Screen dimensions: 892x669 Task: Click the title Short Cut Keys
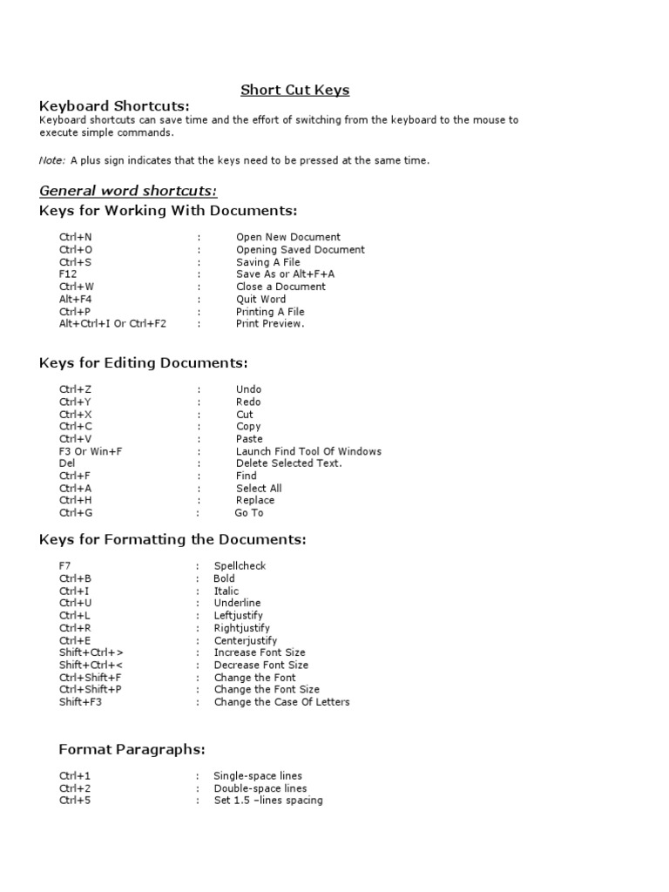[294, 90]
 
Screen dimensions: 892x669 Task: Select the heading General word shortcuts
[128, 191]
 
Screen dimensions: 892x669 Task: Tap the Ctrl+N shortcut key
[78, 237]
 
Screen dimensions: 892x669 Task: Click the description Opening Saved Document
[300, 250]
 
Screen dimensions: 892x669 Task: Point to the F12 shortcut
[68, 274]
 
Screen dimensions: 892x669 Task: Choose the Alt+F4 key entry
[76, 299]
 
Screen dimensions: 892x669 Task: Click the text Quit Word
[260, 299]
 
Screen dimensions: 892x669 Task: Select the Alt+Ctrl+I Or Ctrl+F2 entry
[112, 324]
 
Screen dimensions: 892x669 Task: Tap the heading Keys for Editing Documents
[144, 362]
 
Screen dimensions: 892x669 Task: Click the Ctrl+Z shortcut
[77, 389]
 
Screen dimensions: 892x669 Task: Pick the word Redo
[248, 402]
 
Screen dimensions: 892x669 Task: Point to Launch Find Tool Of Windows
[308, 451]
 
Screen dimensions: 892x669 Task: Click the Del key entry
[67, 463]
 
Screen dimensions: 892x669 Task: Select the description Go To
[248, 513]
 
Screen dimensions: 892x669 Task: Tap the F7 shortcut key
[65, 566]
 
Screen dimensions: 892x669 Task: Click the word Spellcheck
[240, 566]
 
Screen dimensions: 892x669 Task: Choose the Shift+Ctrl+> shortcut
[91, 652]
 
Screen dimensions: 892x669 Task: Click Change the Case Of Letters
[281, 702]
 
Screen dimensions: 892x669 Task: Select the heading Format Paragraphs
[132, 749]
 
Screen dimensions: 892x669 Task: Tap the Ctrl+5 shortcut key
[75, 801]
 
